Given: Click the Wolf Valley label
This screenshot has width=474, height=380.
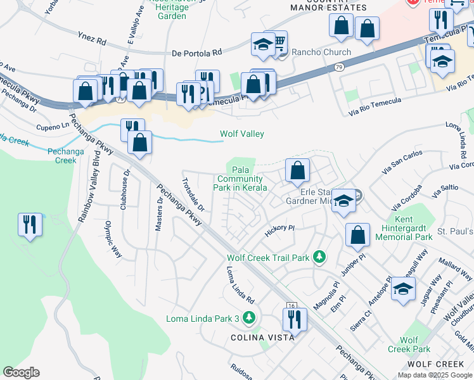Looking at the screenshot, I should pos(241,134).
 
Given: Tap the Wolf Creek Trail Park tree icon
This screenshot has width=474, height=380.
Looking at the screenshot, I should pos(321,256).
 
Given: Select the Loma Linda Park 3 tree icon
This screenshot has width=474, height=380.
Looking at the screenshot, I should pos(250,317).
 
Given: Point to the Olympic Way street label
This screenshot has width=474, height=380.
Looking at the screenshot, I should pos(113,238).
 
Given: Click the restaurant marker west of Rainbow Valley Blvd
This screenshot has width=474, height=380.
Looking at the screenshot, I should pos(30,225).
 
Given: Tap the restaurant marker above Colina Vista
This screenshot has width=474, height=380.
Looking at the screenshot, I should pos(295,319).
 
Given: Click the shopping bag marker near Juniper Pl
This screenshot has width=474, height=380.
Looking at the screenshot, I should pos(358,235).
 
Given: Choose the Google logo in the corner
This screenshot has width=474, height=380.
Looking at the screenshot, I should pos(22,372).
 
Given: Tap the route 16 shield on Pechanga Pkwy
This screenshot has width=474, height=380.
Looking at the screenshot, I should pos(291,306).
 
